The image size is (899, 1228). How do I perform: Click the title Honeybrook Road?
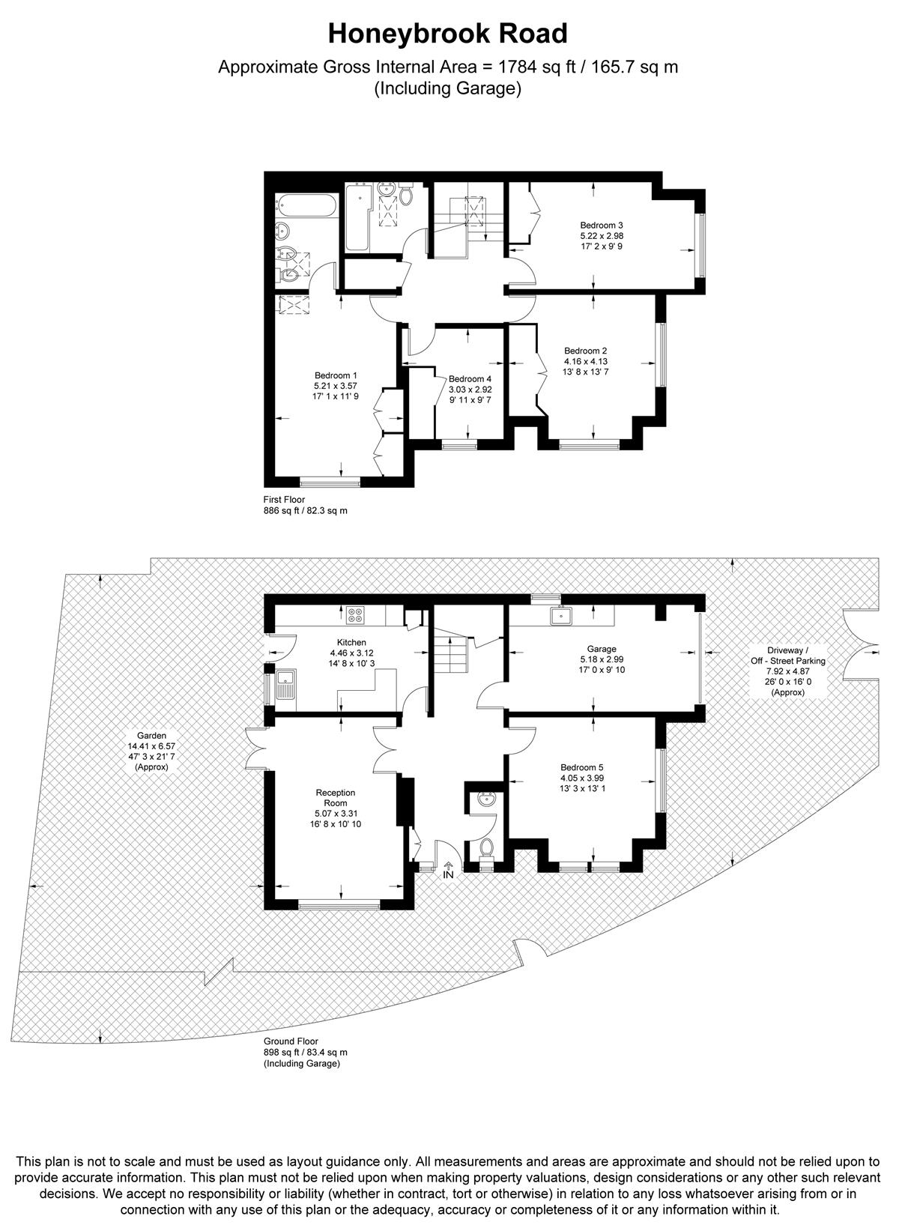click(x=448, y=34)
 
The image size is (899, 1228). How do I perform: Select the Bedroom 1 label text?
click(x=336, y=375)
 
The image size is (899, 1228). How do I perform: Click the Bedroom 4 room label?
click(x=470, y=379)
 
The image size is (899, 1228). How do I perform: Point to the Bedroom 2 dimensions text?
click(x=585, y=366)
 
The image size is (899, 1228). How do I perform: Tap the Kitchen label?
click(x=351, y=642)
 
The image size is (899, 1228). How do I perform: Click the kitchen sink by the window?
click(x=286, y=686)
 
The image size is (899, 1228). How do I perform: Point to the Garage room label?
click(x=602, y=649)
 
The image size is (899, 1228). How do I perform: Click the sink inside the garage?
click(x=560, y=617)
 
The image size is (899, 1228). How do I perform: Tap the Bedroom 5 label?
click(x=582, y=767)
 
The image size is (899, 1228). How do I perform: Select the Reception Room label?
click(x=336, y=798)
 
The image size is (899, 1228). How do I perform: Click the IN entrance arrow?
click(x=449, y=870)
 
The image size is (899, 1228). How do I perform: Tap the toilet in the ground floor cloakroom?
click(x=486, y=848)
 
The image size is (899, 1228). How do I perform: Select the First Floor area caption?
click(x=284, y=500)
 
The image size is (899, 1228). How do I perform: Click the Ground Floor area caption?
click(x=291, y=1041)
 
